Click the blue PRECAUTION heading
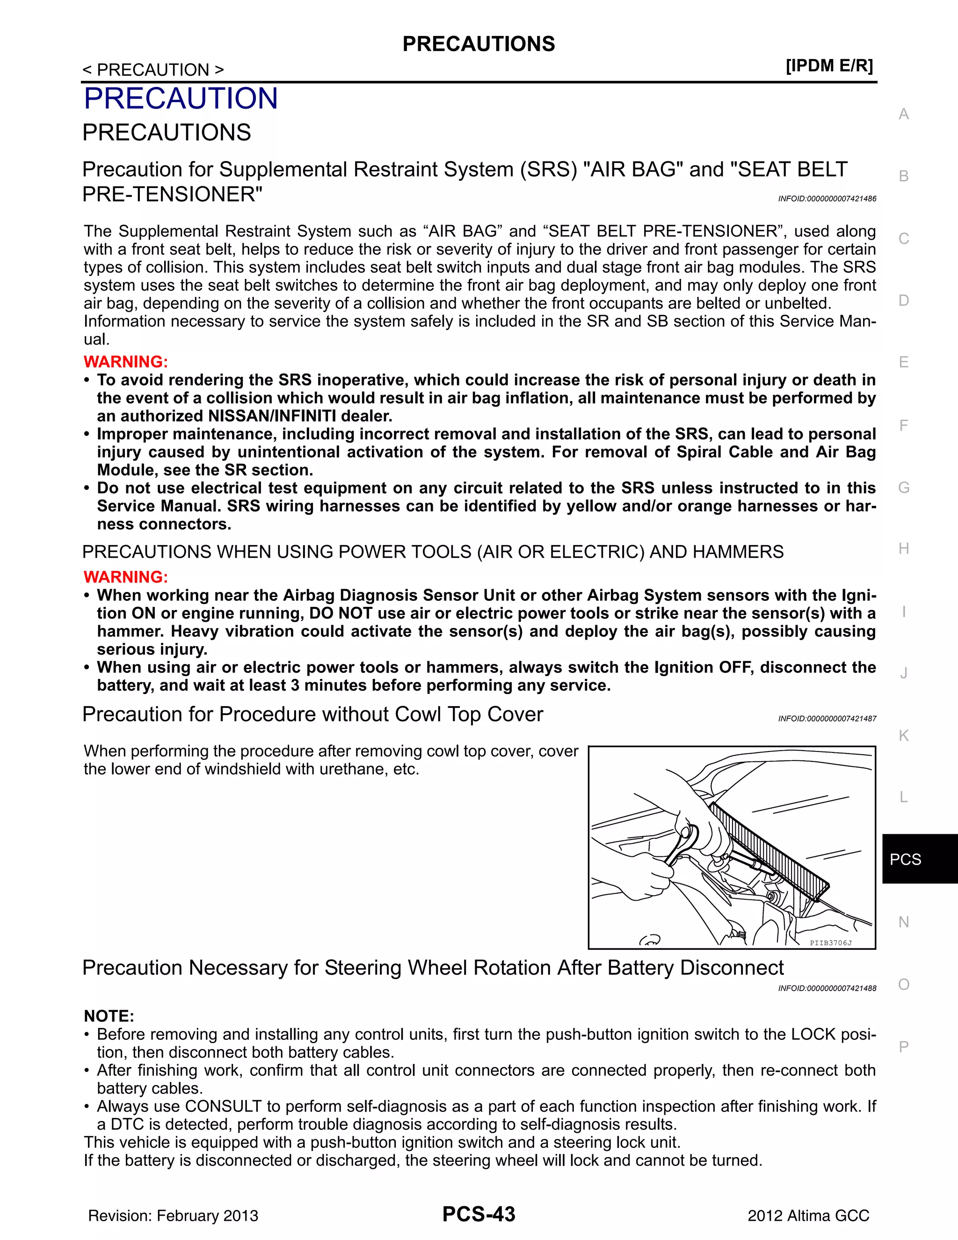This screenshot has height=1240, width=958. (x=181, y=98)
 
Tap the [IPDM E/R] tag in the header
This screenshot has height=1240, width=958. (x=829, y=66)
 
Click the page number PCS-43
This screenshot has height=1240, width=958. (x=479, y=1214)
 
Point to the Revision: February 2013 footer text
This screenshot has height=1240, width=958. (x=173, y=1216)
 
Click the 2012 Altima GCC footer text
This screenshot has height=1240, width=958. (x=808, y=1216)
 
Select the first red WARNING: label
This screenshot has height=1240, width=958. (x=125, y=362)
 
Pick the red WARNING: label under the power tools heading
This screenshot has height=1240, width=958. (x=125, y=577)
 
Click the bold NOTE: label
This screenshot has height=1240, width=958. (x=109, y=1016)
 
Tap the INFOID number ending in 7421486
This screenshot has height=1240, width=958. (x=827, y=199)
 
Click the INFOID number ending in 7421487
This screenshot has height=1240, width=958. (x=827, y=719)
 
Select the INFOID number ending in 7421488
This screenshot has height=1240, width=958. (x=827, y=988)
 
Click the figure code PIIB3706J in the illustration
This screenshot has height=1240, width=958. (x=830, y=943)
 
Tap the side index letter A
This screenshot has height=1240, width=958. (x=904, y=114)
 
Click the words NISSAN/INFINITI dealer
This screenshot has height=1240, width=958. (x=300, y=416)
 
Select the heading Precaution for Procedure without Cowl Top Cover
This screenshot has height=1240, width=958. (x=313, y=714)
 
